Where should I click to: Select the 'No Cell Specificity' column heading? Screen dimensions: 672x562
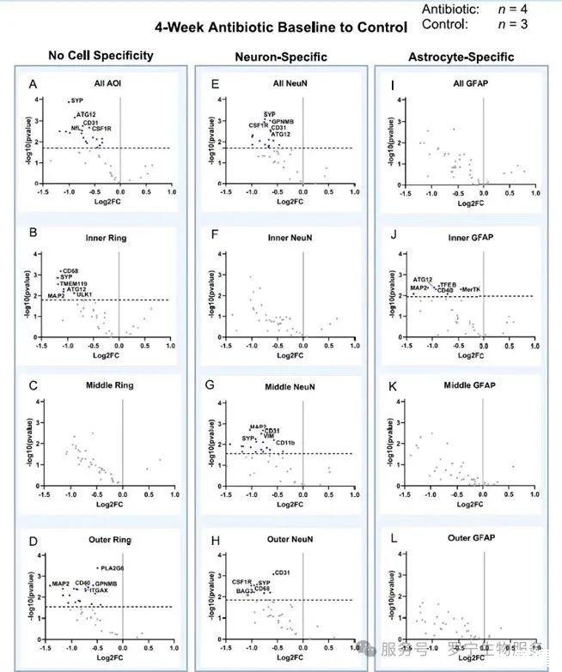click(x=101, y=56)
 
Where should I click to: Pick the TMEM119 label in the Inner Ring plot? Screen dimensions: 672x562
click(x=76, y=283)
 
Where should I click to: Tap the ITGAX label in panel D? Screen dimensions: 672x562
click(x=100, y=590)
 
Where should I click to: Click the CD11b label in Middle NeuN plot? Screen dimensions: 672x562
click(x=285, y=443)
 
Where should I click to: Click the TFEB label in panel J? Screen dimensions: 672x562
click(x=448, y=284)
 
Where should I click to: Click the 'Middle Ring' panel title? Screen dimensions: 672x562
click(x=109, y=384)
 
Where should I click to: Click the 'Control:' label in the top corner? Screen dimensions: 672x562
click(x=445, y=24)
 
